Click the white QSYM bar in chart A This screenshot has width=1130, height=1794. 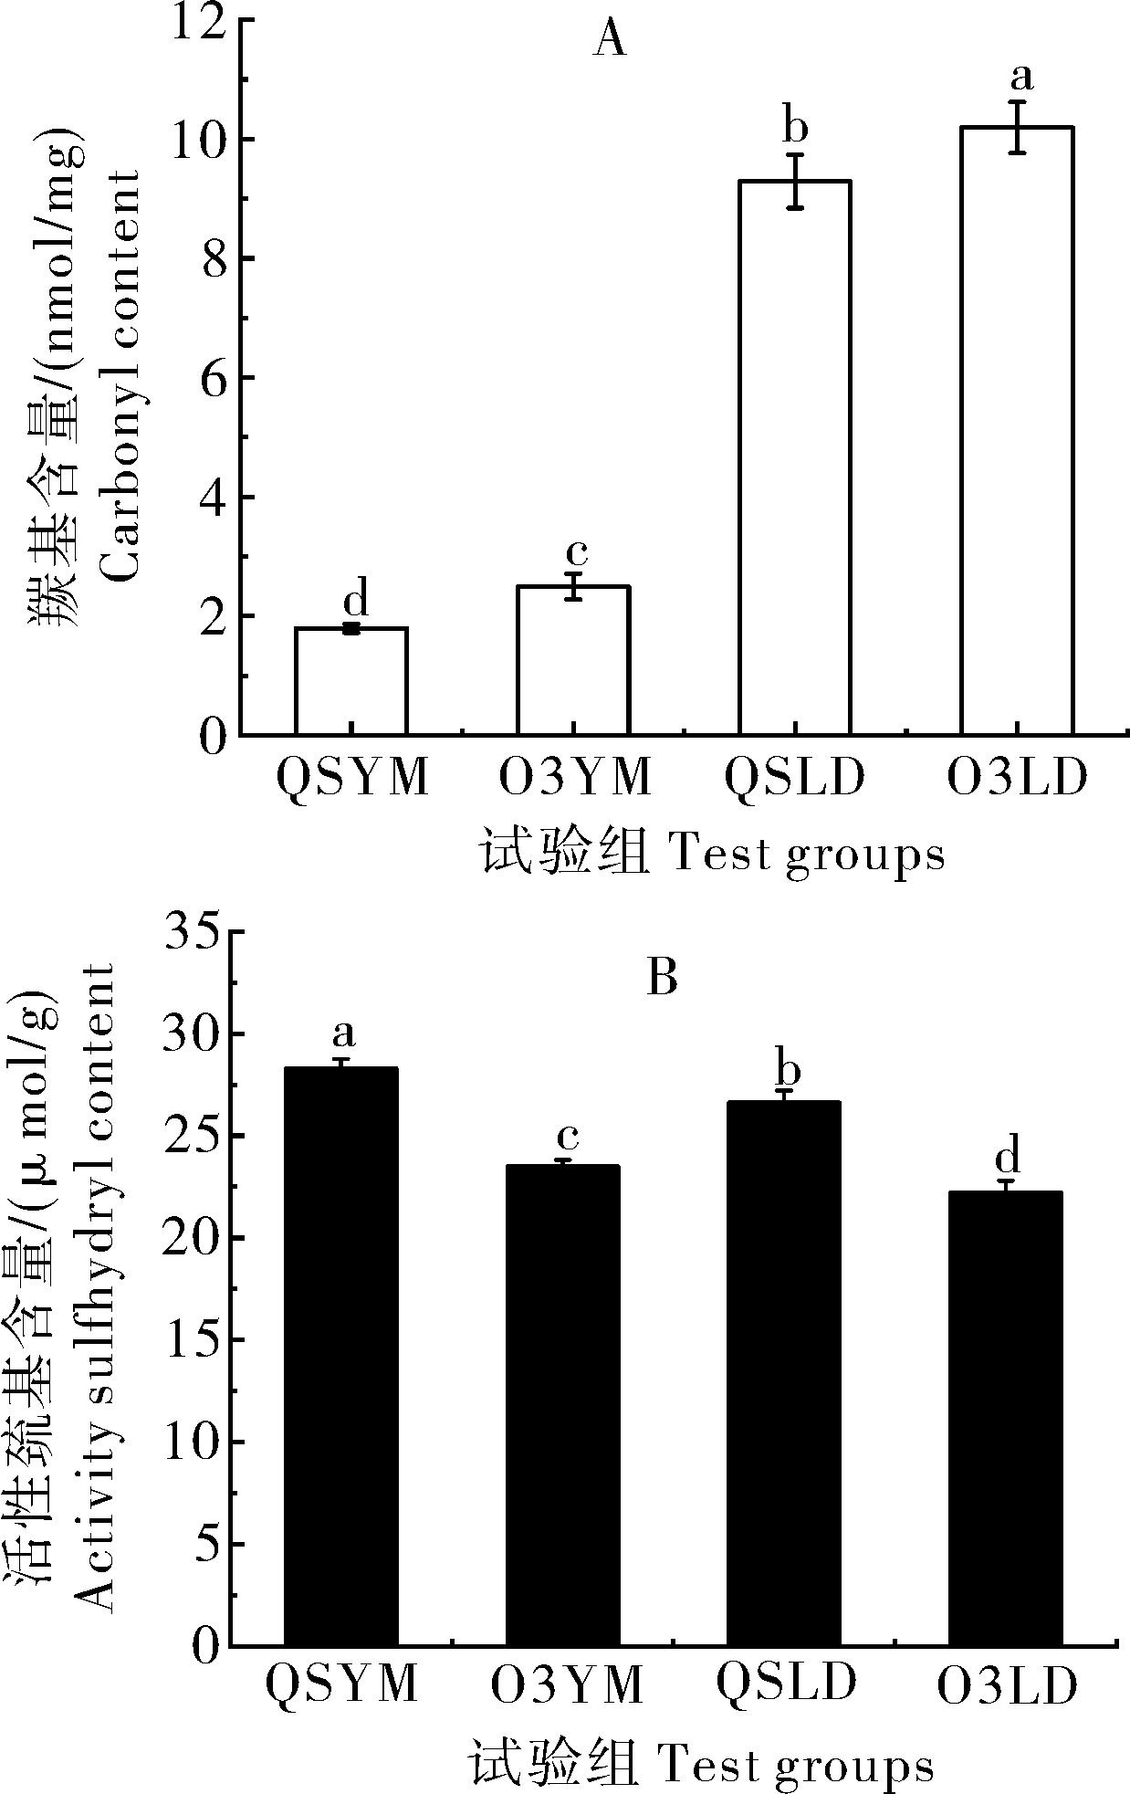pos(351,681)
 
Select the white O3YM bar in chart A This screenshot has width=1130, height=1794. pos(573,660)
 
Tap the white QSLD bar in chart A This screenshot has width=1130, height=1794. pos(795,456)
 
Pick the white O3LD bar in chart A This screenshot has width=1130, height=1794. pos(1017,430)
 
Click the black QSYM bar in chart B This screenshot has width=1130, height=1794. pos(341,1356)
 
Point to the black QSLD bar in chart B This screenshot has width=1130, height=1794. pos(784,1373)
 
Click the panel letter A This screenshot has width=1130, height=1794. pos(610,41)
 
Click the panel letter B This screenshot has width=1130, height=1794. pos(662,979)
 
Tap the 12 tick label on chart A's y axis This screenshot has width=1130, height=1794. pos(197,22)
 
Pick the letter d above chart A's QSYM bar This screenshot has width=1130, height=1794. pos(356,600)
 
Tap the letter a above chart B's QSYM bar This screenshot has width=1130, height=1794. pos(343,1033)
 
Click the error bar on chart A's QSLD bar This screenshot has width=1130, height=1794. pos(796,181)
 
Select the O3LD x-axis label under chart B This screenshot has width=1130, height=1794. pos(1008,1687)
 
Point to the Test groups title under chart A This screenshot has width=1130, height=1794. pos(807,855)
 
